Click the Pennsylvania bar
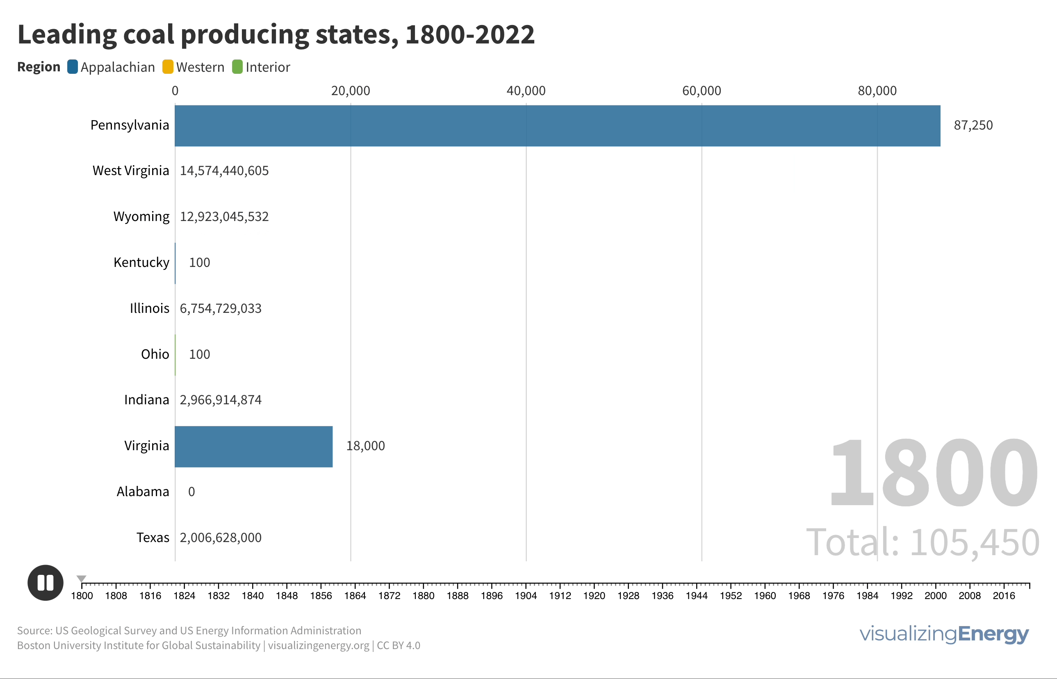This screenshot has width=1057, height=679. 557,125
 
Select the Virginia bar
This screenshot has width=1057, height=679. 253,446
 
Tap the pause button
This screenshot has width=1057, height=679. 46,583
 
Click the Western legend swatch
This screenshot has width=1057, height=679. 168,67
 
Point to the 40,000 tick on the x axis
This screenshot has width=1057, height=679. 526,91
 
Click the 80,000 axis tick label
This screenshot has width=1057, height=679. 877,91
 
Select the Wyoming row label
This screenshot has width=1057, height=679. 141,216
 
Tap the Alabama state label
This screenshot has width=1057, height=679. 143,492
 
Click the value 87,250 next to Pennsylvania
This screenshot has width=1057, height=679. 973,125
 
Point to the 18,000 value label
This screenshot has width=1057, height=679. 365,446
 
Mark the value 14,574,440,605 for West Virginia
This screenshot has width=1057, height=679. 224,171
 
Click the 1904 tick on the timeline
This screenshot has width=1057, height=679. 526,586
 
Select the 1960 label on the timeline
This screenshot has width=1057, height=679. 765,596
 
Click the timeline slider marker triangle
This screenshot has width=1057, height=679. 82,579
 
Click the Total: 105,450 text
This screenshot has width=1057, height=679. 923,542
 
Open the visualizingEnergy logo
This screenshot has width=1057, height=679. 944,634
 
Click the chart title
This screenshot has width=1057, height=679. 276,34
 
